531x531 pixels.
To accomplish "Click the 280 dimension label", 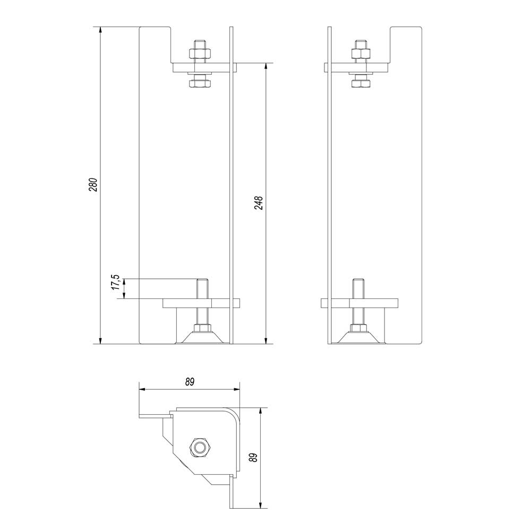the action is click(x=93, y=185).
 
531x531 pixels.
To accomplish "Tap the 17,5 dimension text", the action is click(x=116, y=282).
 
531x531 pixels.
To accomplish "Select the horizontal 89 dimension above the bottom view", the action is click(x=190, y=382).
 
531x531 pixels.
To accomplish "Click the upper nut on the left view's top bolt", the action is click(x=200, y=53).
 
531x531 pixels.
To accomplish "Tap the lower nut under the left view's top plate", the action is click(x=200, y=84).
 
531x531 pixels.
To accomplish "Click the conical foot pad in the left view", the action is click(x=202, y=338).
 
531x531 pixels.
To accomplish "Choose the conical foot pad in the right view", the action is click(x=359, y=338).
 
